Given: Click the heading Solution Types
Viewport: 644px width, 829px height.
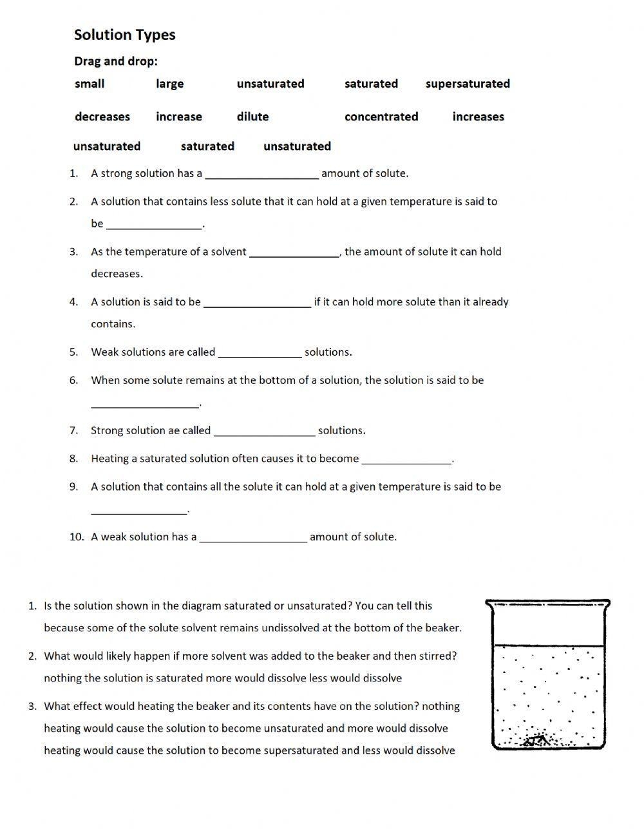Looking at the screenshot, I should tap(124, 35).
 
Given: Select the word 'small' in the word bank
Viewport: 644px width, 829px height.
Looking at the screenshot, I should tap(90, 84).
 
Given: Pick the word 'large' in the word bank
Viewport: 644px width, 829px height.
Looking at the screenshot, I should tap(169, 84).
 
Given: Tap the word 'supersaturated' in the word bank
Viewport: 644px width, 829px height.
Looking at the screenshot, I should tap(468, 84).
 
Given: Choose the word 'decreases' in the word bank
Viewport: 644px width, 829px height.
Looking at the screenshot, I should tap(102, 117).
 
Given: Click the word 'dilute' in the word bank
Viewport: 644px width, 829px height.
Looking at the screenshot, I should tap(252, 117).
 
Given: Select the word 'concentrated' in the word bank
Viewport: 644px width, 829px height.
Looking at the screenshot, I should tap(381, 117).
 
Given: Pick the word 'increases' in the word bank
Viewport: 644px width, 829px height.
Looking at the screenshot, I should tap(478, 117).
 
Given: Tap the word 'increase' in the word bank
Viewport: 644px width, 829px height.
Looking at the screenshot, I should tap(179, 117).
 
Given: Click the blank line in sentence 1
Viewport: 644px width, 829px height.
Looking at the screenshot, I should tap(261, 174).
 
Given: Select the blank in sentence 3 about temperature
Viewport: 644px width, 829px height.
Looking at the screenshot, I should tap(294, 253).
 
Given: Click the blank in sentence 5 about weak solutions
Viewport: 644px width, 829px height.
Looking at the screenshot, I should tap(260, 353).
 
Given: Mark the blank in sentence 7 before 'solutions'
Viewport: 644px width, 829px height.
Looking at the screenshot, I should tap(264, 432).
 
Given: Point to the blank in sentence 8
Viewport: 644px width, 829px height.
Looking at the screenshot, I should tap(406, 460).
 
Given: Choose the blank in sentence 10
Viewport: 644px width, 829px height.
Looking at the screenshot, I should tap(253, 538).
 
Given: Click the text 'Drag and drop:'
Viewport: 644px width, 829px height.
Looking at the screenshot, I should tap(116, 61).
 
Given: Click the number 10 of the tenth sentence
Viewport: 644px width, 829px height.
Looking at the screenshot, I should tap(77, 537).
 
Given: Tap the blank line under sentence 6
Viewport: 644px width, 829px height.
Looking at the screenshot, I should tap(145, 403).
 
